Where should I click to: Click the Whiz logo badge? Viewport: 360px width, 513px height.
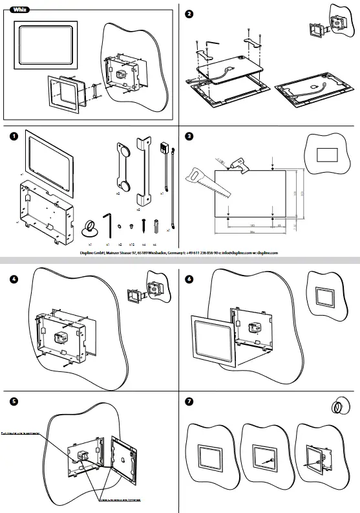coord(21,9)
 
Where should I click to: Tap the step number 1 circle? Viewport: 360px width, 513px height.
coord(12,136)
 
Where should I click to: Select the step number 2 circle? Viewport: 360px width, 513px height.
coord(189,14)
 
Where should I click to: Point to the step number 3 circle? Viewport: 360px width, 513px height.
coord(189,136)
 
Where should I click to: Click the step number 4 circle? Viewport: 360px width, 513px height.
coord(12,279)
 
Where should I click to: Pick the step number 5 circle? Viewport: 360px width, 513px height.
coord(12,401)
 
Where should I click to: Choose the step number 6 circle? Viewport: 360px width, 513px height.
coord(189,279)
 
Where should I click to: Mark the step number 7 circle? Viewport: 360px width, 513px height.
coord(189,401)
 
